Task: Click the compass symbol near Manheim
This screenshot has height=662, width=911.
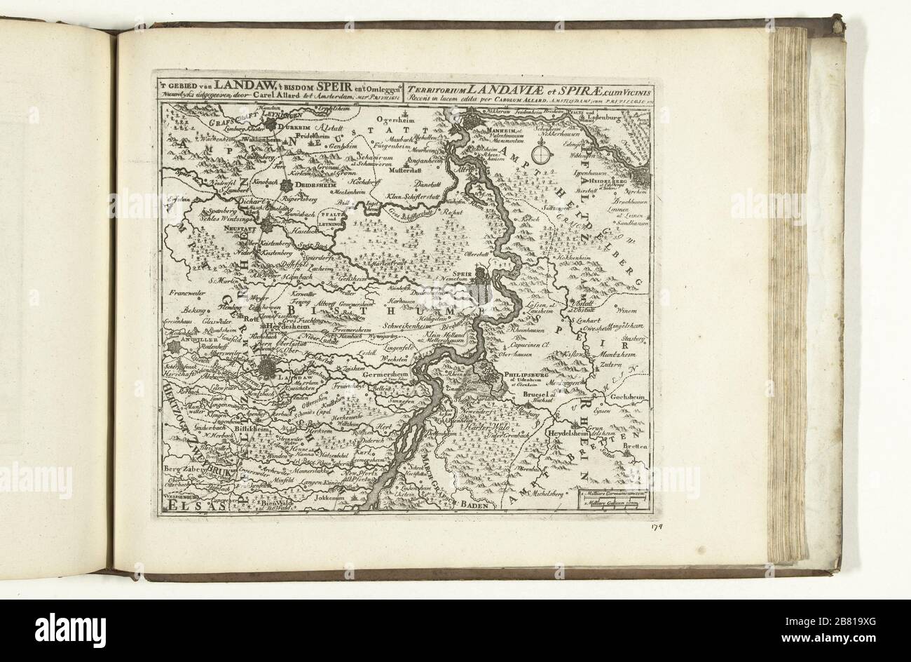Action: (542, 151)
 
